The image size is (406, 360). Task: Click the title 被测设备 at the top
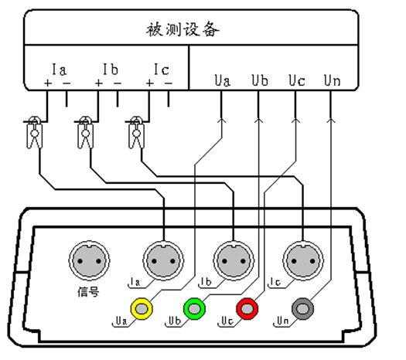183,29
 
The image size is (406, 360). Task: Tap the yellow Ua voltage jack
142,308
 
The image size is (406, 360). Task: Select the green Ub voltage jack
194,308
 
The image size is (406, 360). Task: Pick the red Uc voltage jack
247,308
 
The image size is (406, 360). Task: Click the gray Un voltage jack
302,308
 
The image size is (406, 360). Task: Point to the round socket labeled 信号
89,260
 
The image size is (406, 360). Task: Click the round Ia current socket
163,260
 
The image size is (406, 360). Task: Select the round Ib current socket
234,260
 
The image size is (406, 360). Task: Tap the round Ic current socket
303,260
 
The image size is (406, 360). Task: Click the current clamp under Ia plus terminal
35,133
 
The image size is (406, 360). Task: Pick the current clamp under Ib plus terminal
85,133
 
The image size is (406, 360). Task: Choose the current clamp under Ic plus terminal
136,133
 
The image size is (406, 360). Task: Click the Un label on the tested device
333,80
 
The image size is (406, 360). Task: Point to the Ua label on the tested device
223,80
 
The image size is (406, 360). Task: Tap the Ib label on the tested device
111,70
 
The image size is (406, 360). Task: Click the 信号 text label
88,292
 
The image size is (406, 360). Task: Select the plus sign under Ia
48,83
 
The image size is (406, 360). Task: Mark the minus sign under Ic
169,83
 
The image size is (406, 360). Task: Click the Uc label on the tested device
297,80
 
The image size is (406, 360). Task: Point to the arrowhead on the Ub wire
258,121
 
